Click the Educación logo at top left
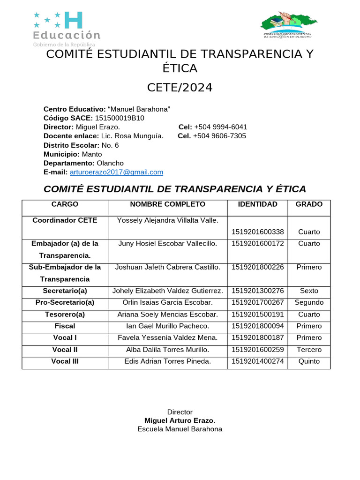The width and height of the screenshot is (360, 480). [x=66, y=29]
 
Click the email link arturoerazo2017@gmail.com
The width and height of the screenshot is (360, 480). [x=116, y=172]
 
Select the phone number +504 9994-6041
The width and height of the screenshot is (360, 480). [x=220, y=127]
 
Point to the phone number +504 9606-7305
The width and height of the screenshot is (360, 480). [x=219, y=136]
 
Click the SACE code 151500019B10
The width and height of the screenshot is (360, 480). [x=120, y=118]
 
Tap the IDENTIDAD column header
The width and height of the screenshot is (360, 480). [x=257, y=204]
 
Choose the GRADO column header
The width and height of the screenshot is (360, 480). [x=309, y=204]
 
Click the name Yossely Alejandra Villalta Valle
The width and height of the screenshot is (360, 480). [x=167, y=220]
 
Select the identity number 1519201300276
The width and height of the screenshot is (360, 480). [x=257, y=291]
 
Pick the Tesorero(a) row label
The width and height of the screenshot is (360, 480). [x=65, y=314]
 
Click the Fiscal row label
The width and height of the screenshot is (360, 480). [x=65, y=326]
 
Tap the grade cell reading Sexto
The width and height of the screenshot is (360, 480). [x=309, y=291]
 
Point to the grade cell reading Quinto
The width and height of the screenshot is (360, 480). [x=309, y=361]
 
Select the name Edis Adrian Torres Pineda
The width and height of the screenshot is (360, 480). [x=167, y=361]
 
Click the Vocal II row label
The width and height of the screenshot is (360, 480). [x=65, y=349]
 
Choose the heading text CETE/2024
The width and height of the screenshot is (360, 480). [x=180, y=88]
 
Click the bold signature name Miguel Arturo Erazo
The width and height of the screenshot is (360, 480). [x=180, y=420]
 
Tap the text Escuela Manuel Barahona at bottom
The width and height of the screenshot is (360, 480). [x=180, y=429]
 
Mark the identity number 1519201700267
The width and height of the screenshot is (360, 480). [x=257, y=302]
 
